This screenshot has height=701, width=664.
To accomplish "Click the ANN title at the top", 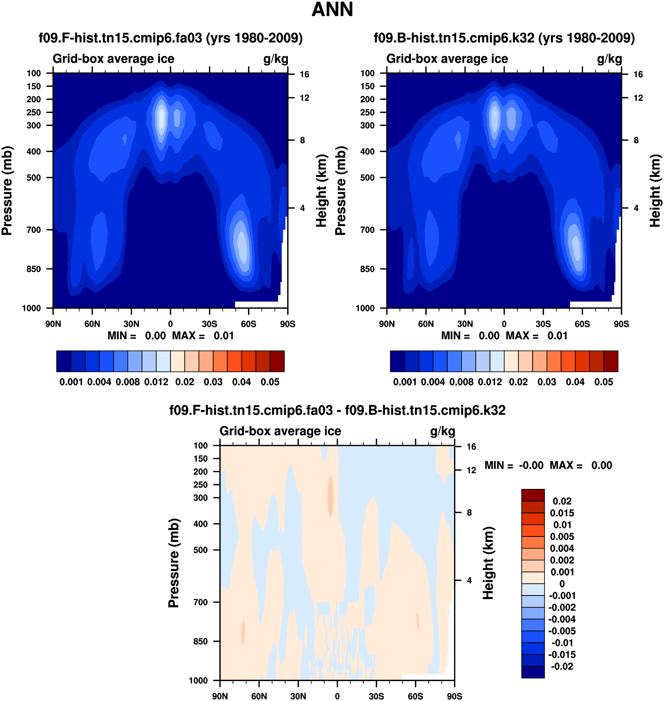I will pos(332,9).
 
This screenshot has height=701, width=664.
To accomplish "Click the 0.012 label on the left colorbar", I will pos(156,382).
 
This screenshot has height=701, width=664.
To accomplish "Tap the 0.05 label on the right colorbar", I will pos(603,382).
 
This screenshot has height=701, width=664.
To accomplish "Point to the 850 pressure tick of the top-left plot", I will pos(34,269).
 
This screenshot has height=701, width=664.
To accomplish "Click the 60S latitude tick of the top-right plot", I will pos(582,324).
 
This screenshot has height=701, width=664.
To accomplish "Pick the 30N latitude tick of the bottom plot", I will pos(298,696).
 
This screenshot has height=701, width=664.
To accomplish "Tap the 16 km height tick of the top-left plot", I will pos(304,74).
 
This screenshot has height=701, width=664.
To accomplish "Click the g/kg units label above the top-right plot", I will pos(609,59).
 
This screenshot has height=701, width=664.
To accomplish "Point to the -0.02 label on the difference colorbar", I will pos(562,666).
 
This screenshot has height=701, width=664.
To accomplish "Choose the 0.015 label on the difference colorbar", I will pos(562,513).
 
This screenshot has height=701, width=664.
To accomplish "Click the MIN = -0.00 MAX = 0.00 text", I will pos(548,465).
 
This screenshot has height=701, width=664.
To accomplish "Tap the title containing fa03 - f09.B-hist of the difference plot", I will pos(337,410).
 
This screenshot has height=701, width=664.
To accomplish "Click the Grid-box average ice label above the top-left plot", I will pos(113,59).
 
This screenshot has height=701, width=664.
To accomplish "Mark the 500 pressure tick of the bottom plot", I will pos(200,550).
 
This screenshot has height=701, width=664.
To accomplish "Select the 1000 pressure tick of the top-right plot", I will pos(365,308).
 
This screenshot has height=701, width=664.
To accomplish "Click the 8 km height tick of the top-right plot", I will pos(636,140).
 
